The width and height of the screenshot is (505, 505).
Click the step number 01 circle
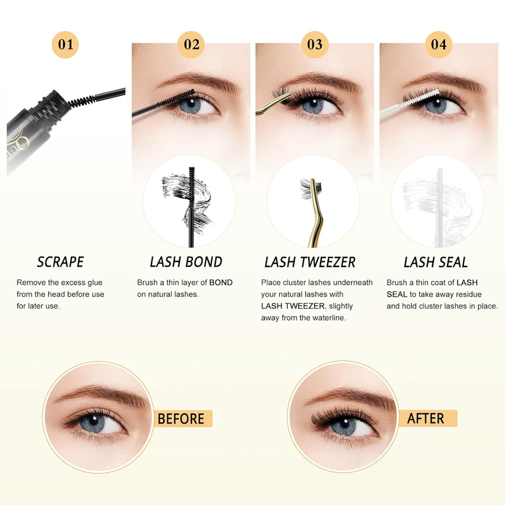click(65, 44)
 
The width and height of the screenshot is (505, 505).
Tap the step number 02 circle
click(191, 44)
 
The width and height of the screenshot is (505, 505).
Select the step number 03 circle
click(314, 44)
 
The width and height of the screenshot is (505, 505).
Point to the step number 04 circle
click(439, 44)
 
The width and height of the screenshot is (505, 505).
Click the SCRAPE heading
click(61, 262)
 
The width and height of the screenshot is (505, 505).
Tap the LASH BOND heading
click(186, 262)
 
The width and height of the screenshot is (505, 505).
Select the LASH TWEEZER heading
click(310, 262)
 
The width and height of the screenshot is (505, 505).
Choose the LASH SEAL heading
click(436, 262)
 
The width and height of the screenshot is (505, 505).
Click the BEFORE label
click(181, 419)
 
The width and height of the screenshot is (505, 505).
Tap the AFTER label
click(425, 419)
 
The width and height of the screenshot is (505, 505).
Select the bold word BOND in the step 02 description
click(221, 282)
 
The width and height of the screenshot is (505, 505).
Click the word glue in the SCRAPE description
click(95, 283)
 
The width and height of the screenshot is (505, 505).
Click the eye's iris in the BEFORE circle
click(92, 422)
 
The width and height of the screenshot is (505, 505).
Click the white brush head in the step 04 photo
click(422, 98)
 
